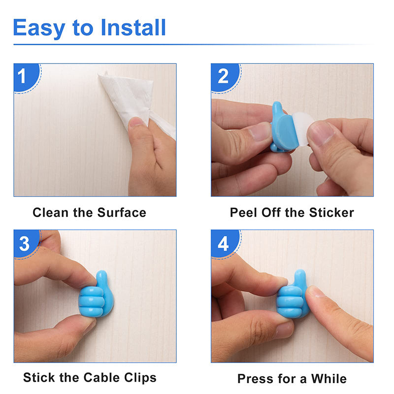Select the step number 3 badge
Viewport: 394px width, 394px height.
[24, 243]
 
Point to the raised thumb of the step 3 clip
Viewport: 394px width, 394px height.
[101, 280]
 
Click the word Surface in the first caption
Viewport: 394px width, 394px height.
[122, 213]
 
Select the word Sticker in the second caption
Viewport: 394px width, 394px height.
[331, 213]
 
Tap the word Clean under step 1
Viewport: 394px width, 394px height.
[50, 213]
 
